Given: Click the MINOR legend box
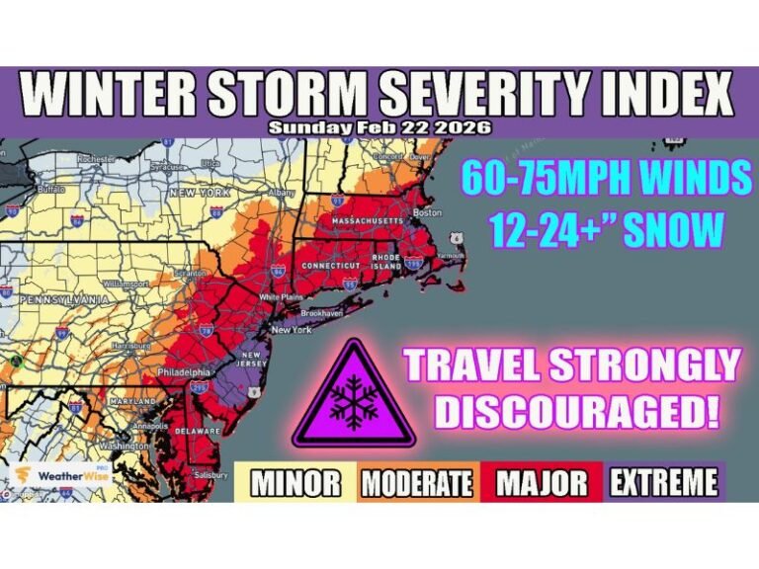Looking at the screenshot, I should point(295,483).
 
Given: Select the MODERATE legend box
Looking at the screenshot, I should point(416,483).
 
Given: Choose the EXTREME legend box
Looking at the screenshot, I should point(663,483).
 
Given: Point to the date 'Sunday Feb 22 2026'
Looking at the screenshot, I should point(379,126).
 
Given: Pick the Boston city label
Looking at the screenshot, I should point(427,212).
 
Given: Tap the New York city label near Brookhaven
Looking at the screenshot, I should point(292,330).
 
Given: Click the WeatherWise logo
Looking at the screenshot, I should point(59,475).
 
